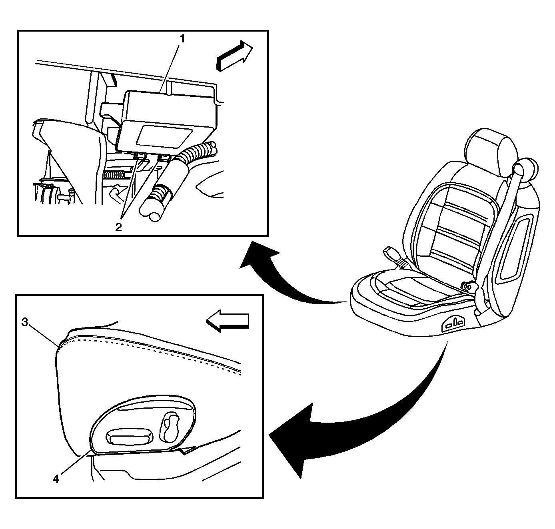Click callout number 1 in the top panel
(182, 39)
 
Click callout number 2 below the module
(118, 227)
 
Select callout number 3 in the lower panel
(24, 323)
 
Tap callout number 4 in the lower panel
(56, 479)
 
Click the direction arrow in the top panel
(234, 56)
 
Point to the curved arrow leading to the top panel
(280, 280)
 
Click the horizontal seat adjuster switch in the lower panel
(130, 437)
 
